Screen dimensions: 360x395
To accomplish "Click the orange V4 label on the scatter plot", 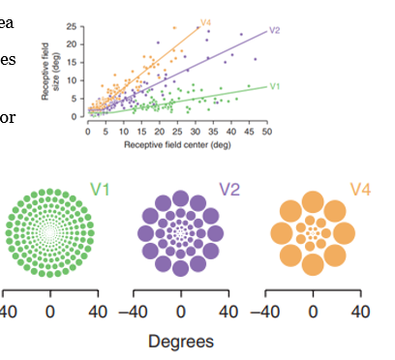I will coord(206,20).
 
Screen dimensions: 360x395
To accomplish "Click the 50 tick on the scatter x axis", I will coord(266,128).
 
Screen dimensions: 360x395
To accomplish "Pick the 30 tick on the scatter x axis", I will coord(195,128).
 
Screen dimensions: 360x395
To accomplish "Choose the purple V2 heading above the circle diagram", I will coord(230,188).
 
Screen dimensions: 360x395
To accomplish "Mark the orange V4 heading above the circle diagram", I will coord(358,187).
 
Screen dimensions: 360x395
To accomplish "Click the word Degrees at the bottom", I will coord(181,341).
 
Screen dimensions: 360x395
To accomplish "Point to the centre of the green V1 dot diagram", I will coord(51,234).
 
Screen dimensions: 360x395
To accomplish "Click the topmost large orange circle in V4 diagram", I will coord(313,203).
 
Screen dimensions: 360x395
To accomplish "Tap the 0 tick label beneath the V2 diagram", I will coord(181,312).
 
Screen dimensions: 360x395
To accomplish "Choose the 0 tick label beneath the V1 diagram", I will coord(50,312).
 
